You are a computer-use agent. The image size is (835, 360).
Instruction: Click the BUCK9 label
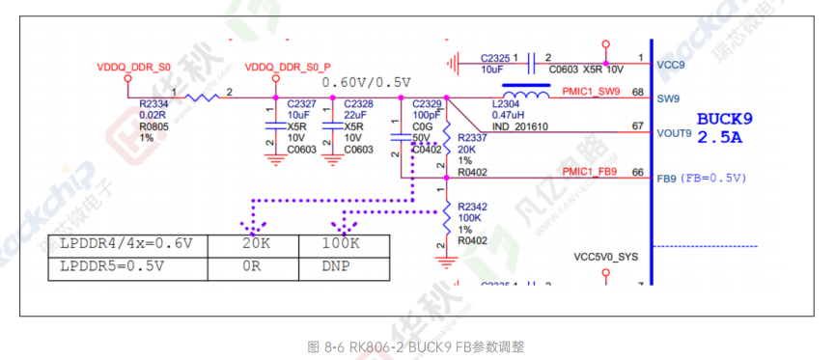click(724, 120)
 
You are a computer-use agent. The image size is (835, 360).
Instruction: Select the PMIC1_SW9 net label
click(590, 93)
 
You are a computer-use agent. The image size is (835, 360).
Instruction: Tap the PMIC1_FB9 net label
click(589, 172)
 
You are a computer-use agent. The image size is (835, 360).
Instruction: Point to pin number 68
click(637, 93)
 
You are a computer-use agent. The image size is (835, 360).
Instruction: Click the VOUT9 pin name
click(674, 134)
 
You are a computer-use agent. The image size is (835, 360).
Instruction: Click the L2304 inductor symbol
click(523, 94)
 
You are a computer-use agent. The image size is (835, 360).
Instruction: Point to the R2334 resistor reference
click(153, 103)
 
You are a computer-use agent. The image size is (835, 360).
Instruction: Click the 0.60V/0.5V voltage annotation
click(366, 81)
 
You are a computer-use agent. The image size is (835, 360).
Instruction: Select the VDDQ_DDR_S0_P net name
click(288, 68)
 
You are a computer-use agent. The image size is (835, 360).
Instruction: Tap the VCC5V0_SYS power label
click(605, 258)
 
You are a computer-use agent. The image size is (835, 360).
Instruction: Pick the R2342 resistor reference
click(473, 207)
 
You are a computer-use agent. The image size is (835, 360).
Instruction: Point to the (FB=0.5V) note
click(714, 179)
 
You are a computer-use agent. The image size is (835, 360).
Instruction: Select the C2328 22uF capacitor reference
click(358, 103)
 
